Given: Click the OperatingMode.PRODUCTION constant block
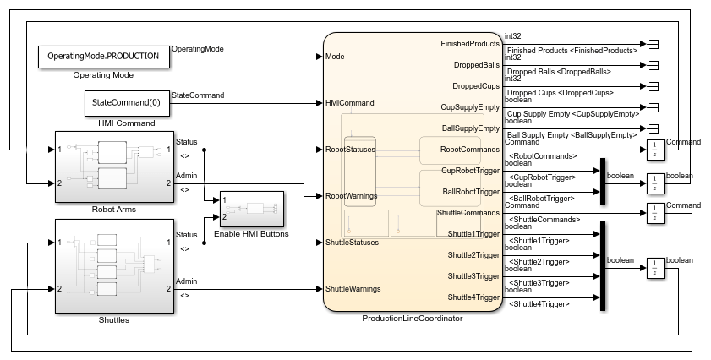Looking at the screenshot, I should pyautogui.click(x=102, y=57).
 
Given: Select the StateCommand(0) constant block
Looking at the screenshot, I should pyautogui.click(x=125, y=103).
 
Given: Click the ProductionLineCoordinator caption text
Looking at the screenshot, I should pyautogui.click(x=412, y=319).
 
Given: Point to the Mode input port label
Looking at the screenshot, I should pyautogui.click(x=335, y=57).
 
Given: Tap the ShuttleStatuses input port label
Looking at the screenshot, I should pyautogui.click(x=353, y=243).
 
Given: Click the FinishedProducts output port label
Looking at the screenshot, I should pyautogui.click(x=470, y=43).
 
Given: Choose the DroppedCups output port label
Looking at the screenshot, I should pyautogui.click(x=476, y=85).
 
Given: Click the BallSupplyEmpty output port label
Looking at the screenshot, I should pyautogui.click(x=471, y=128).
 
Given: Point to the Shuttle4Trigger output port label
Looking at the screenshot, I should pyautogui.click(x=473, y=297).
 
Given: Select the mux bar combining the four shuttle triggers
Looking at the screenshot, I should pyautogui.click(x=603, y=265).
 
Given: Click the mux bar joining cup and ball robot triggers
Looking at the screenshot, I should pyautogui.click(x=603, y=181).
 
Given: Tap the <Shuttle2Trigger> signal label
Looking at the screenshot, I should pyautogui.click(x=536, y=261).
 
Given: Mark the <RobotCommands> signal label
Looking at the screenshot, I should pyautogui.click(x=540, y=155).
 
